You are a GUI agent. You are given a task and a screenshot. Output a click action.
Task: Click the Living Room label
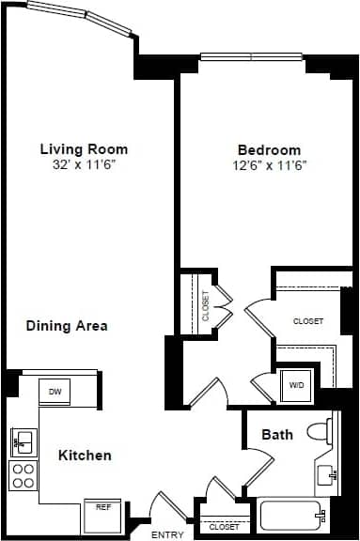pyautogui.click(x=84, y=149)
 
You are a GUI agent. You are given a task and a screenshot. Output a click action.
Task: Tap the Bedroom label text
pyautogui.click(x=269, y=150)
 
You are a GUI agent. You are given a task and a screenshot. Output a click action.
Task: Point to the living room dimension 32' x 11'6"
pyautogui.click(x=84, y=164)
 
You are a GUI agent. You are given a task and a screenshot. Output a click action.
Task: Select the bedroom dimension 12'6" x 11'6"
pyautogui.click(x=269, y=165)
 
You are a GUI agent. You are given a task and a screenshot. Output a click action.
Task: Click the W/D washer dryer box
pyautogui.click(x=296, y=385)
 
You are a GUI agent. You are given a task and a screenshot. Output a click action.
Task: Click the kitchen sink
pyautogui.click(x=23, y=440)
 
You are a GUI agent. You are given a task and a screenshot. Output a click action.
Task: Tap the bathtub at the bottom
pyautogui.click(x=292, y=517)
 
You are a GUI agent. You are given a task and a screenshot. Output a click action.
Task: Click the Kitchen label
pyautogui.click(x=86, y=456)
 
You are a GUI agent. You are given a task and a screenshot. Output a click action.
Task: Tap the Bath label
pyautogui.click(x=277, y=435)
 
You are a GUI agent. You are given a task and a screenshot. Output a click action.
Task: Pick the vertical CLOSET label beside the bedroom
pyautogui.click(x=206, y=304)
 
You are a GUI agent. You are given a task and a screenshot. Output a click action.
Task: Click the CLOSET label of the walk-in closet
pyautogui.click(x=308, y=321)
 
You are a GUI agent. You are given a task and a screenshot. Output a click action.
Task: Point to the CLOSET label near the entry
pyautogui.click(x=224, y=528)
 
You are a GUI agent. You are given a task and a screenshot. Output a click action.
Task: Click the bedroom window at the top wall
pyautogui.click(x=252, y=54)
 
